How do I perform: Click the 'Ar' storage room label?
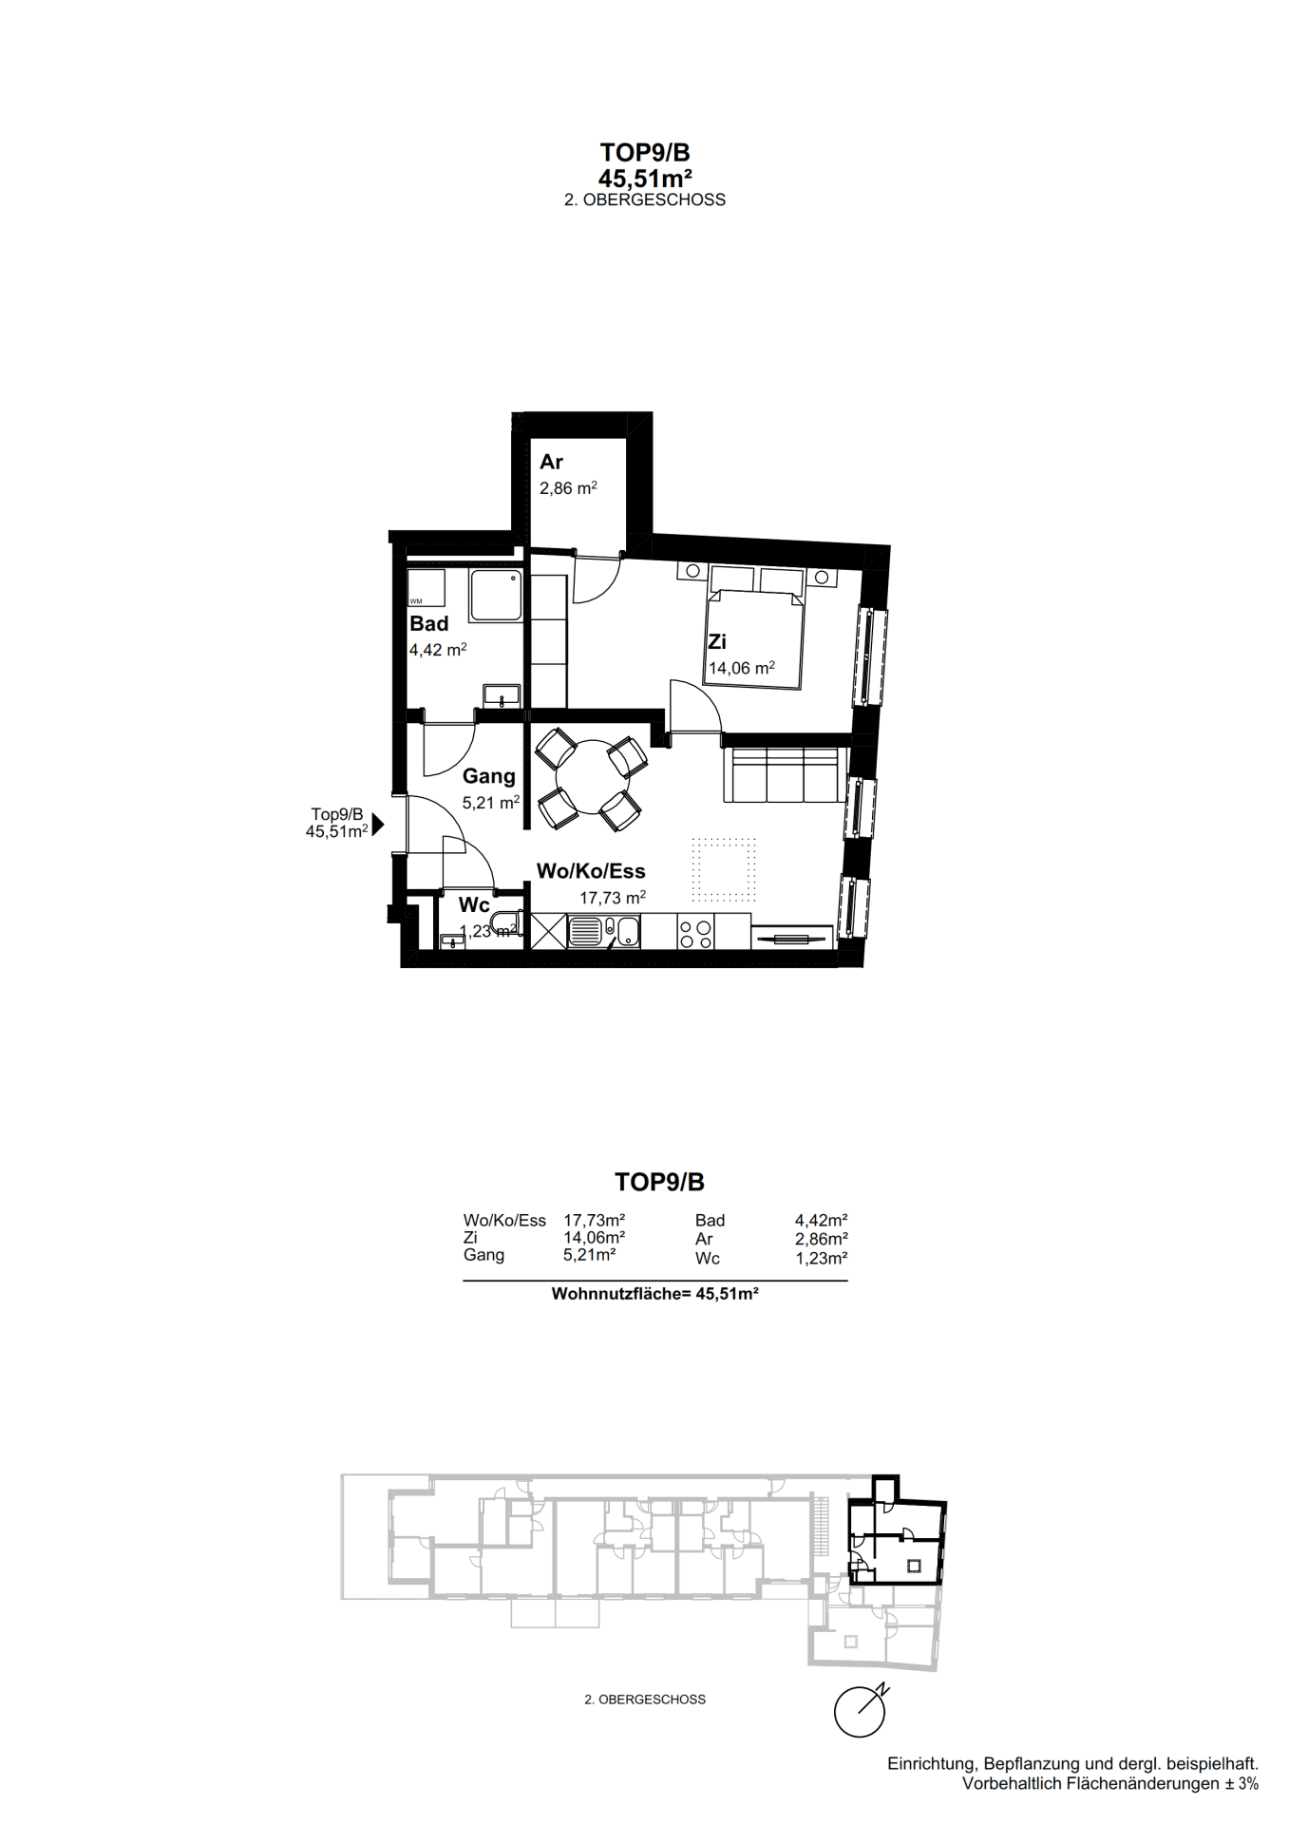[551, 463]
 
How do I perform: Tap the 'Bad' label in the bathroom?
[429, 624]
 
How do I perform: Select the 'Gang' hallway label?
[489, 777]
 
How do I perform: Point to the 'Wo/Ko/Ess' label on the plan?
[591, 871]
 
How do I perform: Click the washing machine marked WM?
[427, 588]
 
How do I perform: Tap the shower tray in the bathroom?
[496, 596]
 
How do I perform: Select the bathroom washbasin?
[502, 695]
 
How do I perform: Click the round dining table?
[592, 777]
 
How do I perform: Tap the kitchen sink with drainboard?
[604, 932]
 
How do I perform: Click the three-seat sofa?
[785, 774]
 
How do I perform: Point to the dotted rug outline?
[724, 869]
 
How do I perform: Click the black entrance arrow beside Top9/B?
[378, 825]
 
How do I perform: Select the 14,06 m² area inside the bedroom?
[742, 668]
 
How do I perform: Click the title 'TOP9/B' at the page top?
[645, 152]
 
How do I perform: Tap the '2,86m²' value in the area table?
[822, 1239]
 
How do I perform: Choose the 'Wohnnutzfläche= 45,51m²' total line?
[655, 1294]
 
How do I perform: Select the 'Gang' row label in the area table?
[483, 1255]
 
